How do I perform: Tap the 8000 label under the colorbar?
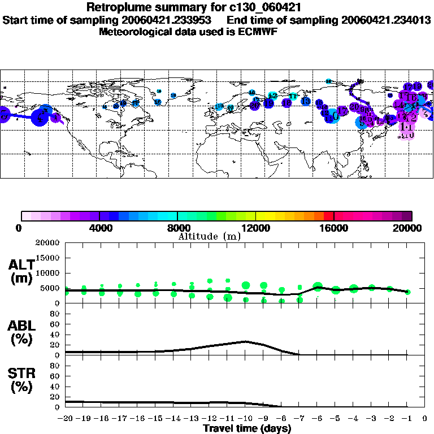pos(177,228)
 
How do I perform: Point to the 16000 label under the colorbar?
pos(334,228)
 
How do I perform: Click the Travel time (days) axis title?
pos(248,428)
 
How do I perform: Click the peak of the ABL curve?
pos(245,341)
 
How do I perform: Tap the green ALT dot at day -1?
pos(407,292)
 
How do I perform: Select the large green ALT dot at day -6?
pos(318,287)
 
